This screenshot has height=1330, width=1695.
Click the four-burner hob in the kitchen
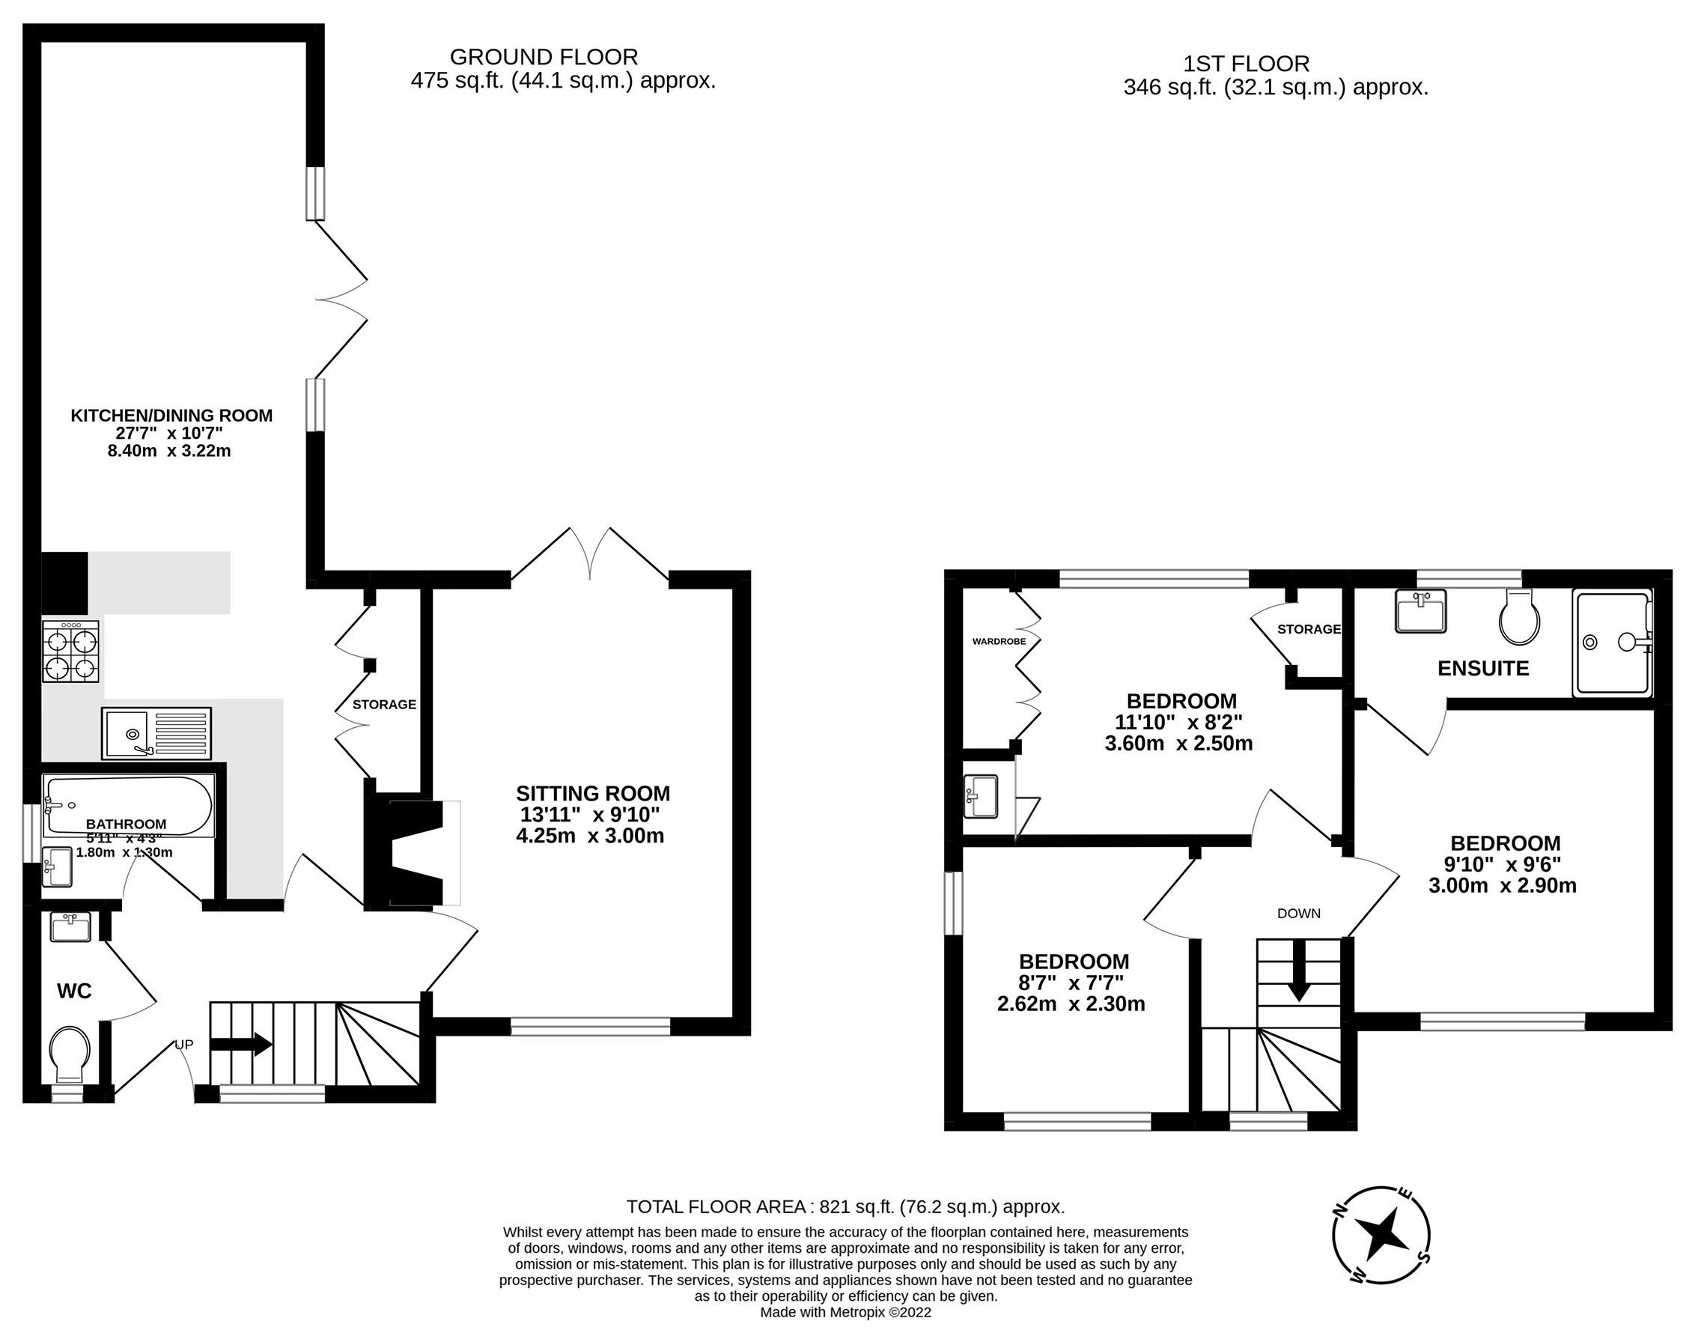coord(71,652)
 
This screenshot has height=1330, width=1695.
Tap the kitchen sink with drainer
coord(156,732)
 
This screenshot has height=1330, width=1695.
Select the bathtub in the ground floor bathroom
coord(127,805)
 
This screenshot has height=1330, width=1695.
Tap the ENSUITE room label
coord(1483,668)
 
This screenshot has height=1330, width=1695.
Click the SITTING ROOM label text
coord(592,794)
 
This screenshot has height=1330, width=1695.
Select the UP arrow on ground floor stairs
coord(241,1045)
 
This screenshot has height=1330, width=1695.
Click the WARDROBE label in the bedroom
coord(999,642)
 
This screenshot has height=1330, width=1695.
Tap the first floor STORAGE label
coord(1309,629)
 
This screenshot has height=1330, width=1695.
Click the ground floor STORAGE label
coord(384,705)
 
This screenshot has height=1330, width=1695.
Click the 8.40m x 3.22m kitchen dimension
coord(169,451)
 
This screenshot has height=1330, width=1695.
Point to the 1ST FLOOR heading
coord(1247,63)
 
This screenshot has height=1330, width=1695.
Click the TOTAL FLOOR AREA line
coord(845,1207)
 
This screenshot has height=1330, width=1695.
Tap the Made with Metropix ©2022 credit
coord(845,1312)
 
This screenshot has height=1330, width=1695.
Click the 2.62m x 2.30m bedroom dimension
coord(1071,1003)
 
